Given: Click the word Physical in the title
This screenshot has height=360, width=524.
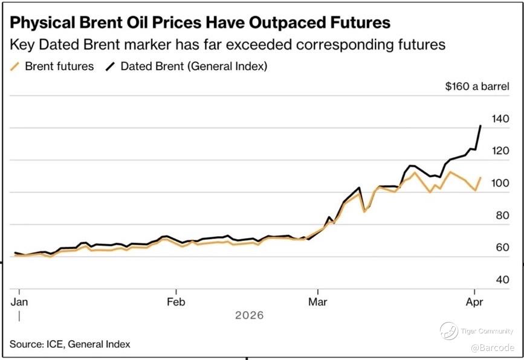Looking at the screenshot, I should pos(41,23).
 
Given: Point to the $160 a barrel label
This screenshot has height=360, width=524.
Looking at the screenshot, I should pos(476,86).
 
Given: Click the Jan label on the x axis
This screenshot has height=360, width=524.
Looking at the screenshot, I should pos(19,300).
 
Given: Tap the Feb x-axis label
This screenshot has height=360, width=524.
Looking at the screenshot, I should pos(176,300).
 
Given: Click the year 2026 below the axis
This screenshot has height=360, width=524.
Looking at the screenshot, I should pos(250,315).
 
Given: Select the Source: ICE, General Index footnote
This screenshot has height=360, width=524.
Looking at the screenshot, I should pos(70,344).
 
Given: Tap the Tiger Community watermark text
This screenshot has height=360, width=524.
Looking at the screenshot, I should pos(487,331).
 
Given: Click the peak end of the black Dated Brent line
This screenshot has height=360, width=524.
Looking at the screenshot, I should pos(480,126).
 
